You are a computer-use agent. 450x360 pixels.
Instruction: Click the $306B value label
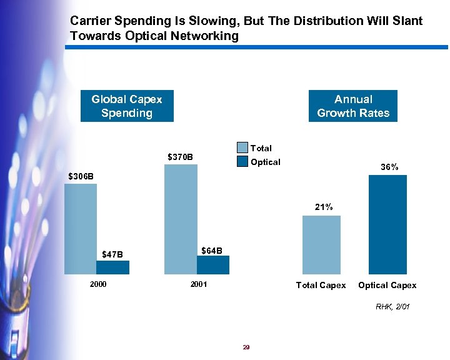[x=81, y=176]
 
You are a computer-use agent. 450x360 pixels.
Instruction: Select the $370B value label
[x=181, y=156]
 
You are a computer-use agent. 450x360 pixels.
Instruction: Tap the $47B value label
[x=112, y=254]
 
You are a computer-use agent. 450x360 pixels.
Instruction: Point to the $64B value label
[x=212, y=251]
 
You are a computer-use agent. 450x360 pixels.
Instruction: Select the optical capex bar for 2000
[x=112, y=267]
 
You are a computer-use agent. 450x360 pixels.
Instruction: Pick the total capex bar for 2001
[x=181, y=219]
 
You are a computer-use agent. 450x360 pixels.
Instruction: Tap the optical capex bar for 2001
[x=213, y=265]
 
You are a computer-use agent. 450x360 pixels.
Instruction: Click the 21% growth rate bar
[x=321, y=244]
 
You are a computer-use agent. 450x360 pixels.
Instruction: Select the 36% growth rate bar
[x=387, y=224]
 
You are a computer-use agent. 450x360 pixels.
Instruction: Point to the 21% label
[x=324, y=207]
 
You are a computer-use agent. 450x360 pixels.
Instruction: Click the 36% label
[x=389, y=167]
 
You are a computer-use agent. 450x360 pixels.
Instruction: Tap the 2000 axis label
[x=98, y=284]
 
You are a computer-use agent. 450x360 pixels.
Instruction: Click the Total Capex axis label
[x=321, y=285]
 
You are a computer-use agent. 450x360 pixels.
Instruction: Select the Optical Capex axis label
[x=387, y=285]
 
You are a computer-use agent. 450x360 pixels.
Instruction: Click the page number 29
[x=246, y=347]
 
